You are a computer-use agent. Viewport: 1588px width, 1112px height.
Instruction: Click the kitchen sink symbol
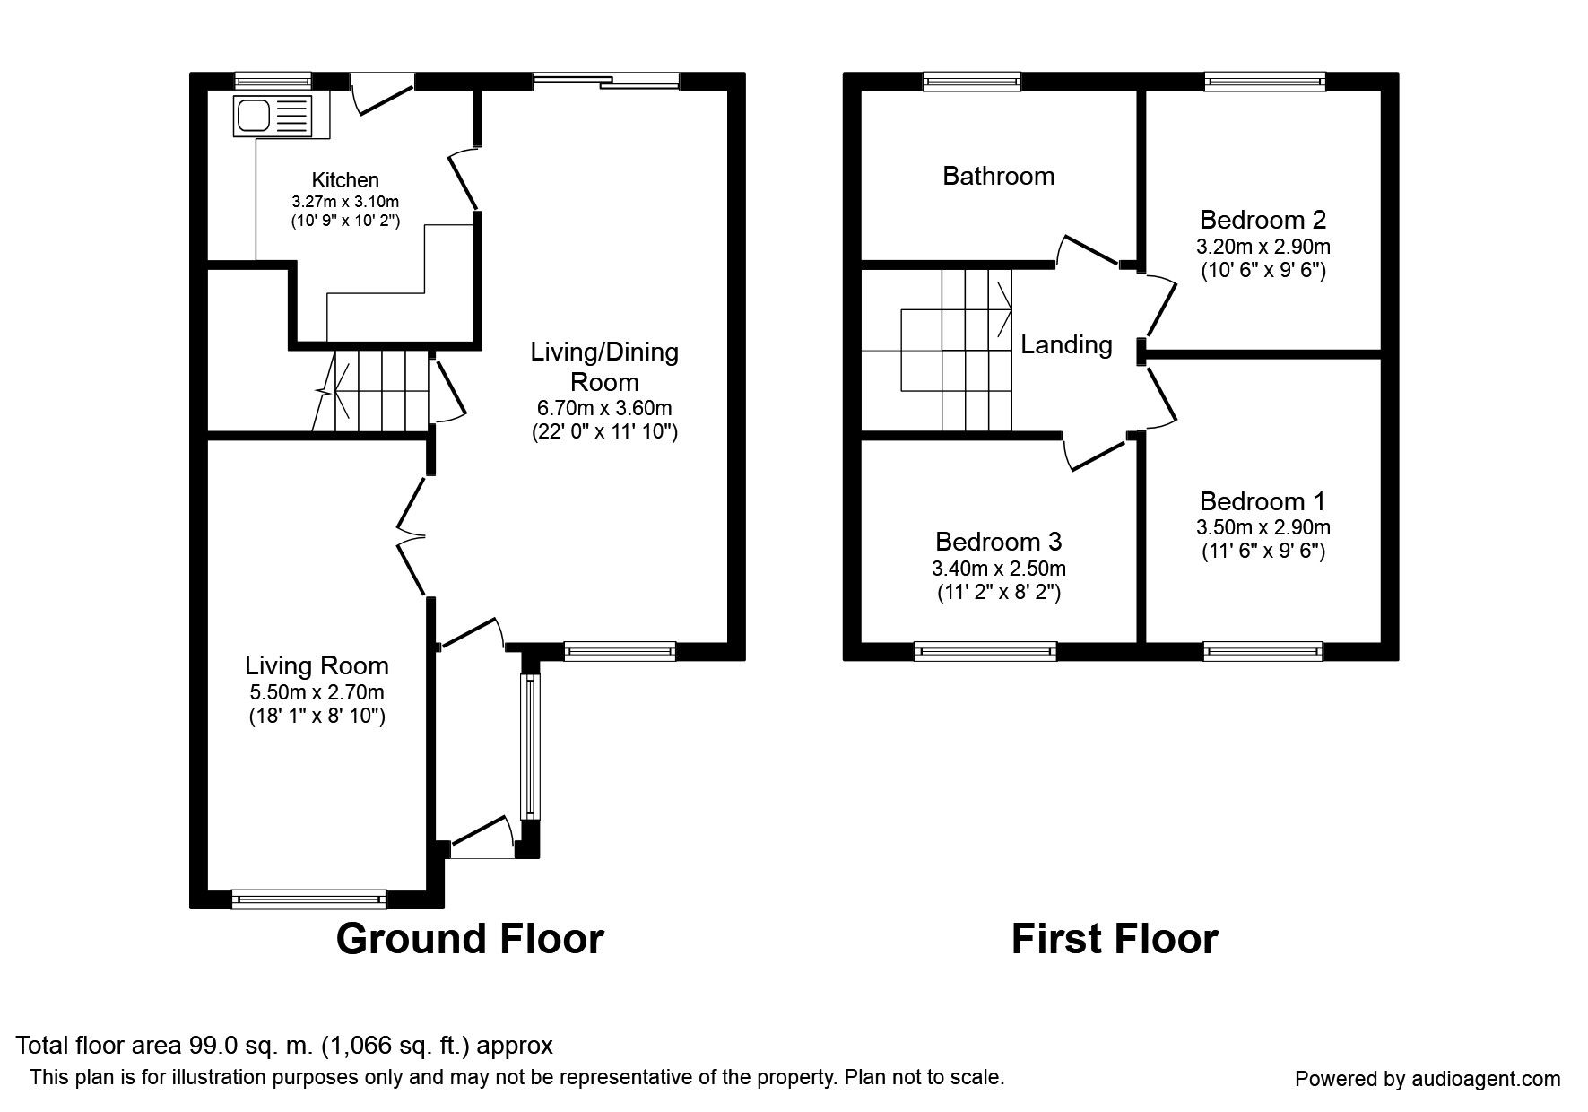pyautogui.click(x=273, y=116)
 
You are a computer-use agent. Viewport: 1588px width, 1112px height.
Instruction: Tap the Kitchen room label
pyautogui.click(x=345, y=180)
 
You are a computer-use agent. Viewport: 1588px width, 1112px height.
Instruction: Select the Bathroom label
pyautogui.click(x=998, y=176)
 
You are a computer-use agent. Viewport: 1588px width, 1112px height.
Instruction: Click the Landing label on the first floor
pyautogui.click(x=1066, y=344)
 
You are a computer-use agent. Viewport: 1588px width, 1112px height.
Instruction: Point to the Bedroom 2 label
pyautogui.click(x=1263, y=220)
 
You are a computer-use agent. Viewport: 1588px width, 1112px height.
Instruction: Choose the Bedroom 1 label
pyautogui.click(x=1263, y=501)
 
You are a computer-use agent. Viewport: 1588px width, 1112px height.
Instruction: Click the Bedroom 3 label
pyautogui.click(x=998, y=542)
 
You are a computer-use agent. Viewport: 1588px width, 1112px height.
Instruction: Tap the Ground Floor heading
pyautogui.click(x=470, y=939)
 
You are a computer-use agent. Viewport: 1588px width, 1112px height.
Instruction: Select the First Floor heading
pyautogui.click(x=1115, y=939)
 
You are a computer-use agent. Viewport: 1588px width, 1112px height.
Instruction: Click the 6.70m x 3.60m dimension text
pyautogui.click(x=604, y=409)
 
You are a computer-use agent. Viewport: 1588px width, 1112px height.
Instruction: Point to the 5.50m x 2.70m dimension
pyautogui.click(x=317, y=692)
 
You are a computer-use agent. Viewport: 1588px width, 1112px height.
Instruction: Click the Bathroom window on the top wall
pyautogui.click(x=973, y=82)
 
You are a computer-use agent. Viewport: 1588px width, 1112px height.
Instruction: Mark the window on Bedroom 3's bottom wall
pyautogui.click(x=985, y=651)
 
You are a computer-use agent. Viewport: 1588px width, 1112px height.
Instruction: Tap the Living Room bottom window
pyautogui.click(x=308, y=899)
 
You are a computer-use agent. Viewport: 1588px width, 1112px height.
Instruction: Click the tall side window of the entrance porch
pyautogui.click(x=531, y=746)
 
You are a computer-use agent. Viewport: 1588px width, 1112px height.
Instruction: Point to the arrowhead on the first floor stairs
pyautogui.click(x=1005, y=308)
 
